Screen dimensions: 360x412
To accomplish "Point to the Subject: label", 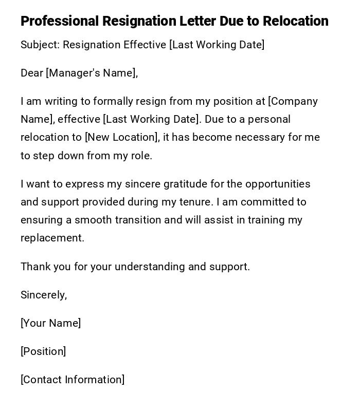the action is (x=40, y=45).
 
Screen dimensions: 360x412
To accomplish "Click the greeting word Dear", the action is (x=32, y=73).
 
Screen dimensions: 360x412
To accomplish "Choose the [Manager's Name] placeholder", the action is (x=92, y=73).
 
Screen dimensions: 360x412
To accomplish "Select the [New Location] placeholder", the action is (x=121, y=137).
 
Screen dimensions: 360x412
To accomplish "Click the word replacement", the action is (x=52, y=238).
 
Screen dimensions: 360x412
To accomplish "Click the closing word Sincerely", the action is (x=43, y=295).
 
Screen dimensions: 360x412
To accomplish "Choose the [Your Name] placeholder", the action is (x=50, y=323).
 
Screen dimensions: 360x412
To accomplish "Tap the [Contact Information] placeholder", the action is (x=73, y=380).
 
